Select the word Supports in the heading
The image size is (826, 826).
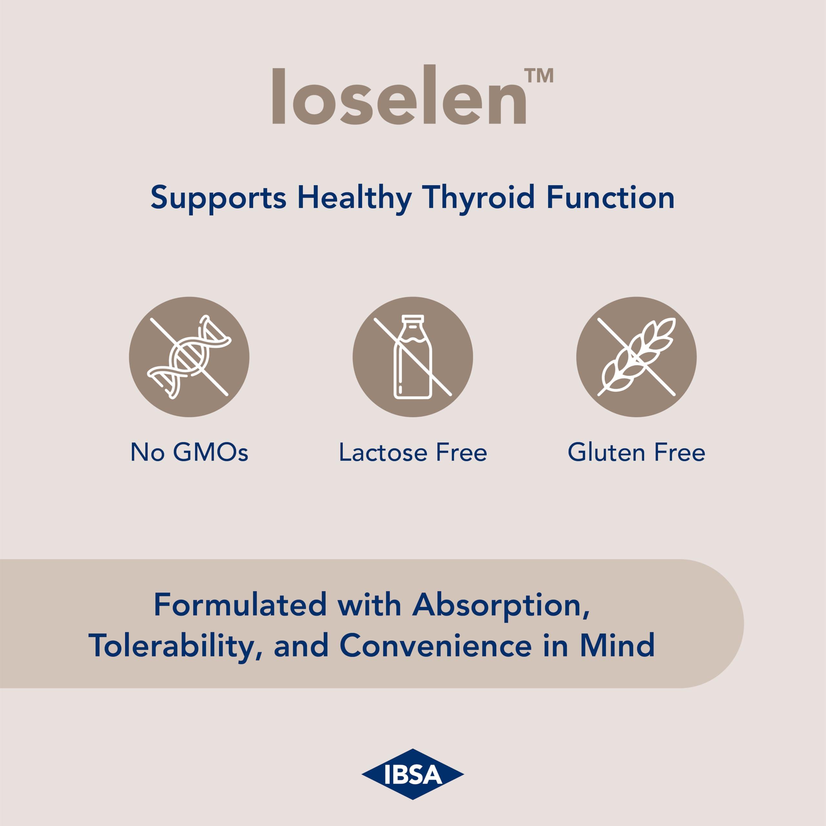pyautogui.click(x=218, y=198)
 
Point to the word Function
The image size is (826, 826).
pyautogui.click(x=610, y=198)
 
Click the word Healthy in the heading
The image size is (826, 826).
pyautogui.click(x=354, y=198)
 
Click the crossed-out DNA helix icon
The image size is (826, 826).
pyautogui.click(x=189, y=357)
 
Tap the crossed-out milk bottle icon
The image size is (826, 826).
pyautogui.click(x=413, y=357)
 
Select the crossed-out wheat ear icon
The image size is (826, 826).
pyautogui.click(x=636, y=357)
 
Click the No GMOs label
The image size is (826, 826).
pyautogui.click(x=189, y=453)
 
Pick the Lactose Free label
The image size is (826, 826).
pyautogui.click(x=413, y=453)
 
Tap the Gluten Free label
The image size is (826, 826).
pyautogui.click(x=636, y=453)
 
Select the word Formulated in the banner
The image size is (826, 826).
pyautogui.click(x=240, y=605)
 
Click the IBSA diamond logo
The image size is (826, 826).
pyautogui.click(x=413, y=774)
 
